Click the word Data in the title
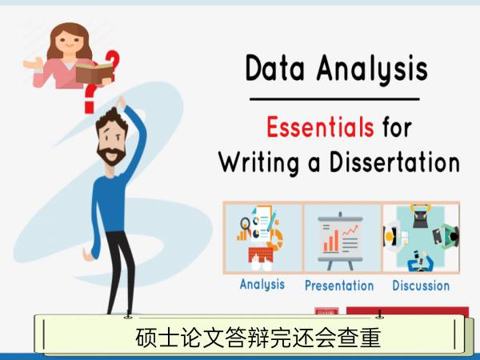(274, 68)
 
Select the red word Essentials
(320, 127)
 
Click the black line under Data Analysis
(334, 99)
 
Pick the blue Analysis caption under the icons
(262, 285)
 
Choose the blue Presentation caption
(339, 286)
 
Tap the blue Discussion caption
(421, 286)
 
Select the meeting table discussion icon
(422, 238)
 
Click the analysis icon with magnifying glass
(260, 238)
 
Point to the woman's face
(68, 42)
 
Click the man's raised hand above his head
(122, 102)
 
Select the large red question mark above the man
(90, 98)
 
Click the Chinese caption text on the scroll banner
(258, 338)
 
